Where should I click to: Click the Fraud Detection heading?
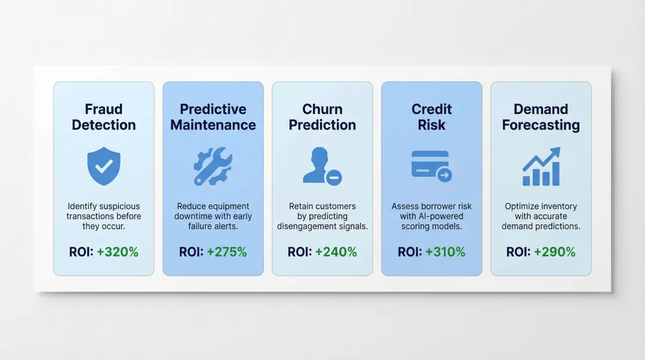point(104,117)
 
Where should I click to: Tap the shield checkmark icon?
point(104,167)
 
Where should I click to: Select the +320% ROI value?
point(117,252)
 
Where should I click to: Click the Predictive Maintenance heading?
point(213,117)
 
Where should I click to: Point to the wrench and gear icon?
point(213,167)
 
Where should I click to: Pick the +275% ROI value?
point(226,252)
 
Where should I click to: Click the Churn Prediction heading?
point(322,117)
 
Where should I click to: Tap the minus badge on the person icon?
point(334,177)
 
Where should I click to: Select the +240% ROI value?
point(336,252)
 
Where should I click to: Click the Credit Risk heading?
point(432,117)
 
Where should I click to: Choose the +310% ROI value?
point(445,252)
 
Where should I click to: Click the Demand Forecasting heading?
point(541,117)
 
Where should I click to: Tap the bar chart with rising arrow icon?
point(541,167)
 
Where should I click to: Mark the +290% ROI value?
point(554,252)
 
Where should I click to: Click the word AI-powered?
point(441,216)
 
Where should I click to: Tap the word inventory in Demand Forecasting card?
point(558,207)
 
